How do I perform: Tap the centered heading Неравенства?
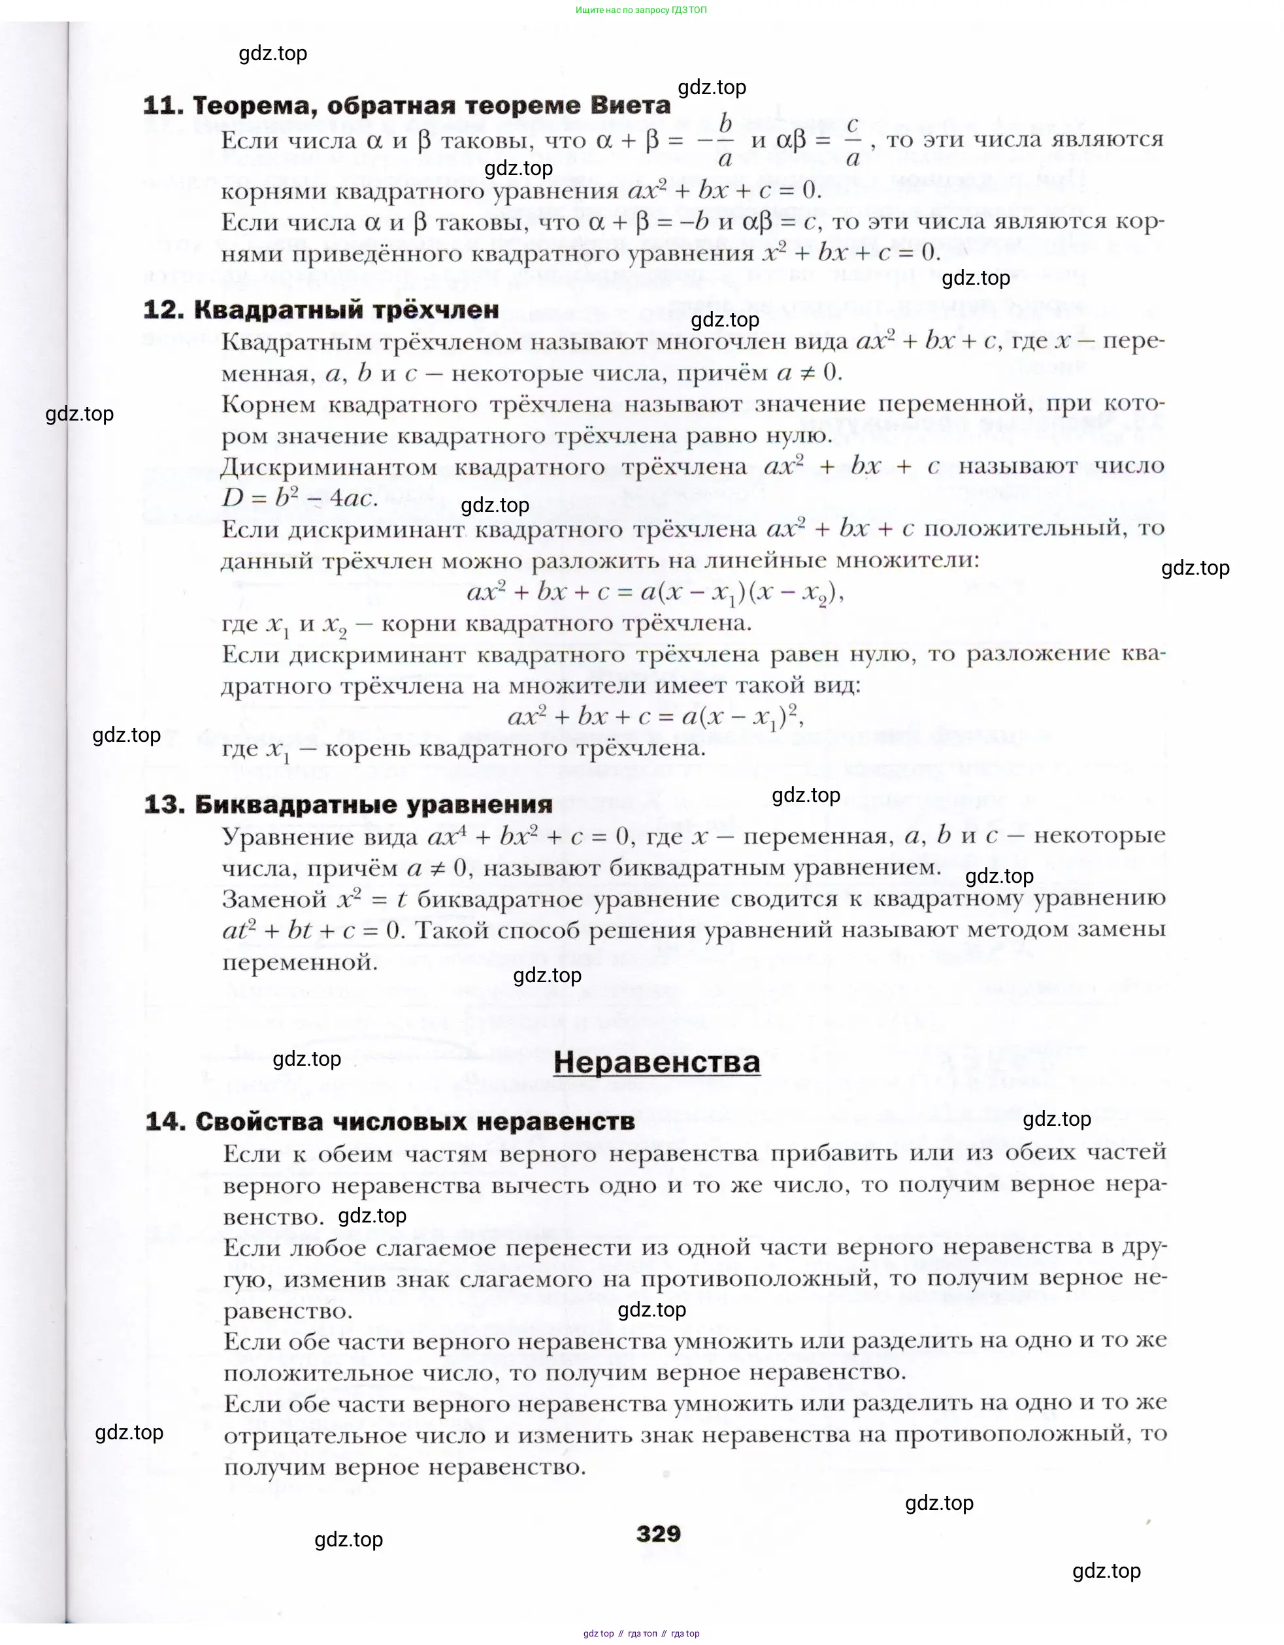[656, 1062]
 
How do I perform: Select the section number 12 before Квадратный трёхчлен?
[162, 310]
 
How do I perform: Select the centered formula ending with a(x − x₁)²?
[655, 717]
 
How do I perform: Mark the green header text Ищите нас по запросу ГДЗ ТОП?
[641, 10]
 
